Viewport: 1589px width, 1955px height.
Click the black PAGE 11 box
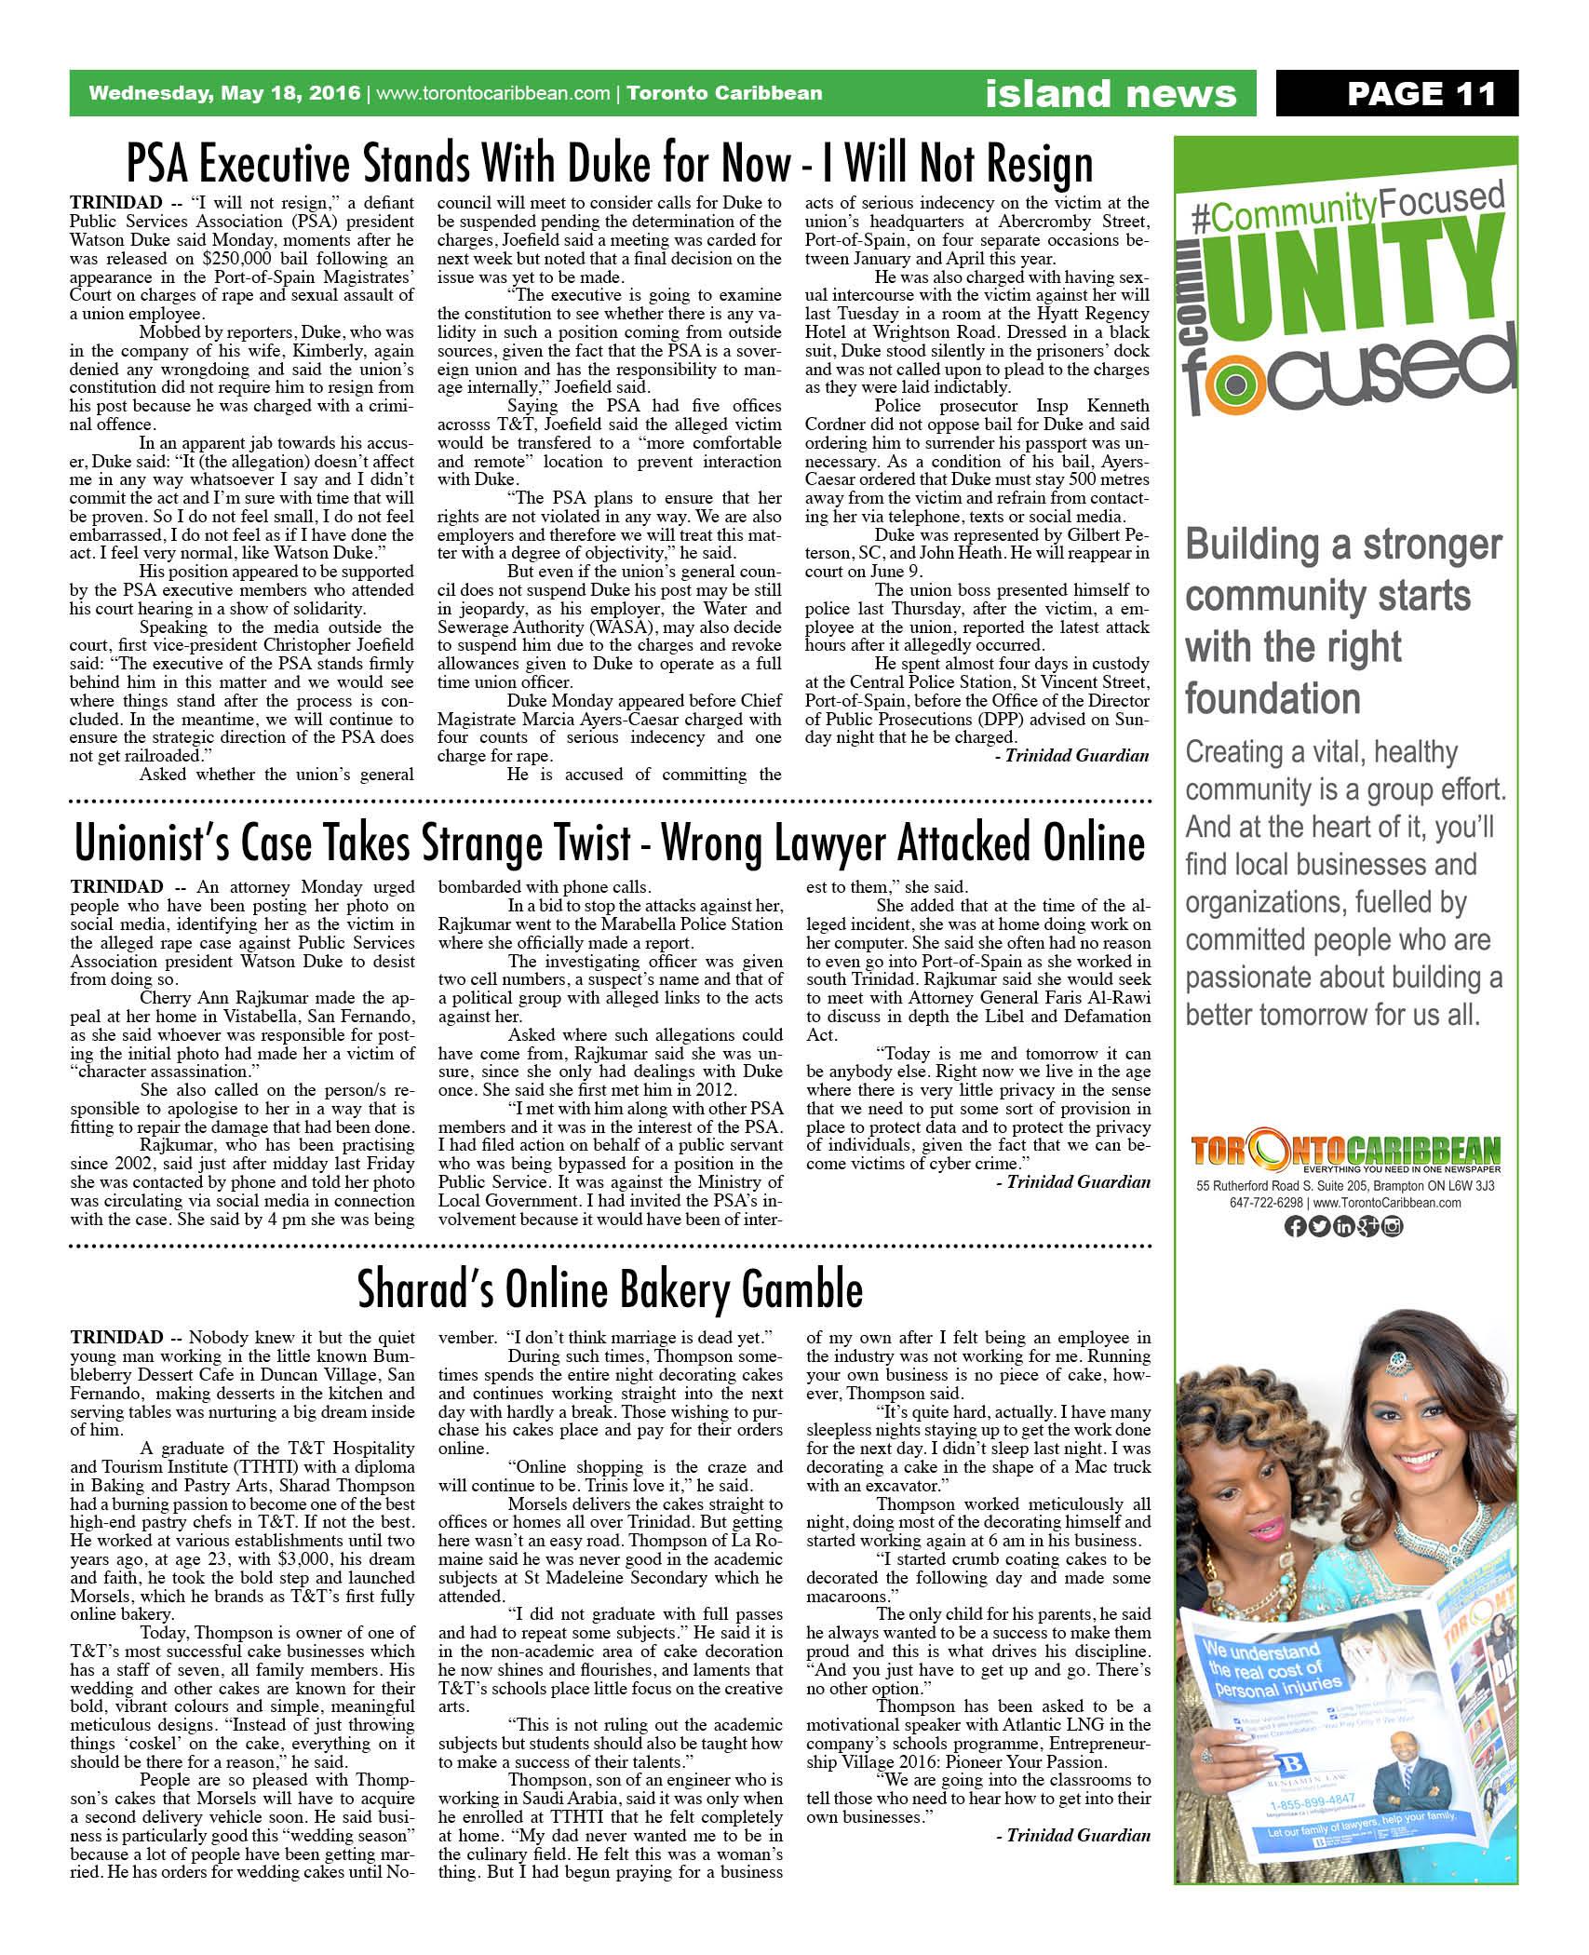(x=1395, y=93)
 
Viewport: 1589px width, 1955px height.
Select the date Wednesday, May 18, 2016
(x=224, y=93)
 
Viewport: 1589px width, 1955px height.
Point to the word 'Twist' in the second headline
(x=662, y=843)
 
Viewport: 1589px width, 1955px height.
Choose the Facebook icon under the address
(x=1293, y=1227)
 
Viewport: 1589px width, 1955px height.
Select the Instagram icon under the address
(x=1393, y=1227)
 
